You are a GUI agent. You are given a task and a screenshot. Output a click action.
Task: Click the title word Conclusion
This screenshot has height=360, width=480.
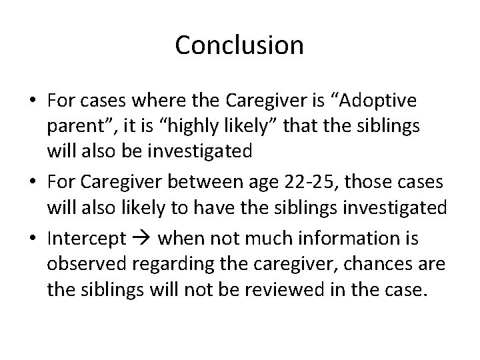239,45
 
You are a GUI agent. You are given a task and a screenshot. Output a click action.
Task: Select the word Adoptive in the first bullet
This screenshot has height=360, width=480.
378,101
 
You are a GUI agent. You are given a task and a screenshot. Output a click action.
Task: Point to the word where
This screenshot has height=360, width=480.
160,101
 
